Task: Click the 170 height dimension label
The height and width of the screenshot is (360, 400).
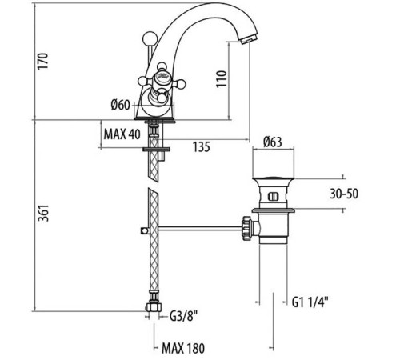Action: pos(42,62)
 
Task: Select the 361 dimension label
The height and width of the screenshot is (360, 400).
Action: pos(43,213)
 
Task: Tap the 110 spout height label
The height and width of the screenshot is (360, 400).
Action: pos(222,78)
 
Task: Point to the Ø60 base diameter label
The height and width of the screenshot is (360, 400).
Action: pos(121,105)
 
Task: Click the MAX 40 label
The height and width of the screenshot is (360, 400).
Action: pos(122,134)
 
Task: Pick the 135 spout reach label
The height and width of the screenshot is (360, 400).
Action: pos(202,146)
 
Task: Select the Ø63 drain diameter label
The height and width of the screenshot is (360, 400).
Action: pos(273,142)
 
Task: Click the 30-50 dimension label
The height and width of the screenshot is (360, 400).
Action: pos(344,194)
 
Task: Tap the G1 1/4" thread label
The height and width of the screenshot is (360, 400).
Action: pos(310,302)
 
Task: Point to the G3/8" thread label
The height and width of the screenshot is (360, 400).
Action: pos(183,316)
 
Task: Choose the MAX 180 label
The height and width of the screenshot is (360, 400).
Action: pos(183,348)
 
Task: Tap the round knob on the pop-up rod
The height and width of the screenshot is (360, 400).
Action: pos(150,39)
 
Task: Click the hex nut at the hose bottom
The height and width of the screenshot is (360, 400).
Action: pos(154,306)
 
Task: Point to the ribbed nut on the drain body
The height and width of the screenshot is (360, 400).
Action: pos(246,229)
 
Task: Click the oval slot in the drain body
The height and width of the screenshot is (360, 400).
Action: pos(273,197)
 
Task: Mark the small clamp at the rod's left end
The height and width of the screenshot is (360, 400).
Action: pos(144,230)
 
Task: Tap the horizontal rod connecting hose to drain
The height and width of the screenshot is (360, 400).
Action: pos(200,228)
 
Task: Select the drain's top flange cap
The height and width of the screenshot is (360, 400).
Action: pos(273,178)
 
